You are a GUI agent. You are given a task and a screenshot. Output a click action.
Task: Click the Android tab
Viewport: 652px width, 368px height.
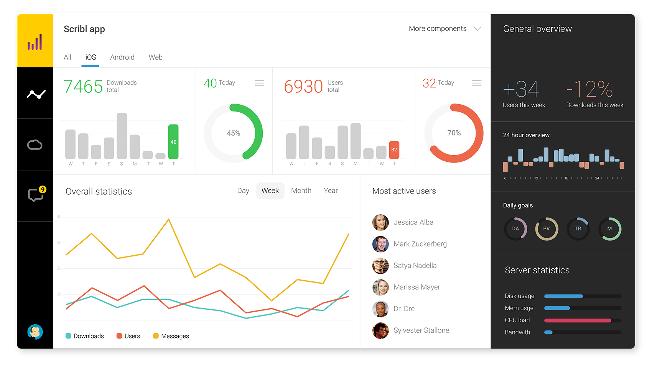(122, 57)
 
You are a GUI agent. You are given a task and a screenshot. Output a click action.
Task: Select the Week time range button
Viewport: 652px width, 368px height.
(270, 191)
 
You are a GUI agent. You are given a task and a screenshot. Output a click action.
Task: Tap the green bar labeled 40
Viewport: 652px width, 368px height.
(173, 141)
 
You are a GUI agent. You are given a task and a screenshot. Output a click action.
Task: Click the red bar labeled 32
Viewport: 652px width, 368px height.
(394, 150)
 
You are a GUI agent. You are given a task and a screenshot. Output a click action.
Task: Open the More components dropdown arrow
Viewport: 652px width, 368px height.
(477, 29)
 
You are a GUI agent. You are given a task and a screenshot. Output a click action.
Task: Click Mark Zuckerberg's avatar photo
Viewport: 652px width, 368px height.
(380, 244)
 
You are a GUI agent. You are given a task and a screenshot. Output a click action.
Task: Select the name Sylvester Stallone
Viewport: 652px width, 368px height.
(421, 330)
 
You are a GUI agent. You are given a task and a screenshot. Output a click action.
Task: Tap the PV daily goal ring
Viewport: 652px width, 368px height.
(547, 229)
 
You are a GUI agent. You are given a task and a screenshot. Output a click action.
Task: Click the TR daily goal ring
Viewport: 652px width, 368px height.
(578, 229)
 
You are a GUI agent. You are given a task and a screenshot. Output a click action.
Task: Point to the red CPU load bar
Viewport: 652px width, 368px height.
(577, 320)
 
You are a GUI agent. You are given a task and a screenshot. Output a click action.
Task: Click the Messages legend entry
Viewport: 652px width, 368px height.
(171, 336)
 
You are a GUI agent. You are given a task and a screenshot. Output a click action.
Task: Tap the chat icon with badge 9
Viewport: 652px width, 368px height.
(36, 195)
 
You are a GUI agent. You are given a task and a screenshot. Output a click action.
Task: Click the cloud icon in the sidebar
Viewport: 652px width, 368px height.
(35, 145)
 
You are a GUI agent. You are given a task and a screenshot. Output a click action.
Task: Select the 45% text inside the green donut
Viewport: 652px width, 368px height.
(233, 133)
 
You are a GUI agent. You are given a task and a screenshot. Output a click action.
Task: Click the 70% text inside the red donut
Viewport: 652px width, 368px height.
(454, 133)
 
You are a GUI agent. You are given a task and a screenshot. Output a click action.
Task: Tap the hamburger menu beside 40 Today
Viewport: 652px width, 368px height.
(260, 83)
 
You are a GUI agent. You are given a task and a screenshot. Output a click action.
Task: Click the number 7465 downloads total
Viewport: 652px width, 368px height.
(83, 86)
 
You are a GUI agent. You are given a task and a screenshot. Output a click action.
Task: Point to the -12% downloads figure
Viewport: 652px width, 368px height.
(590, 89)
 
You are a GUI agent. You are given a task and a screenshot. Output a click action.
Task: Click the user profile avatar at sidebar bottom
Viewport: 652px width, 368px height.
(35, 332)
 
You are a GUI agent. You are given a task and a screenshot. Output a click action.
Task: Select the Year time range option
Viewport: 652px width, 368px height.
(331, 191)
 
